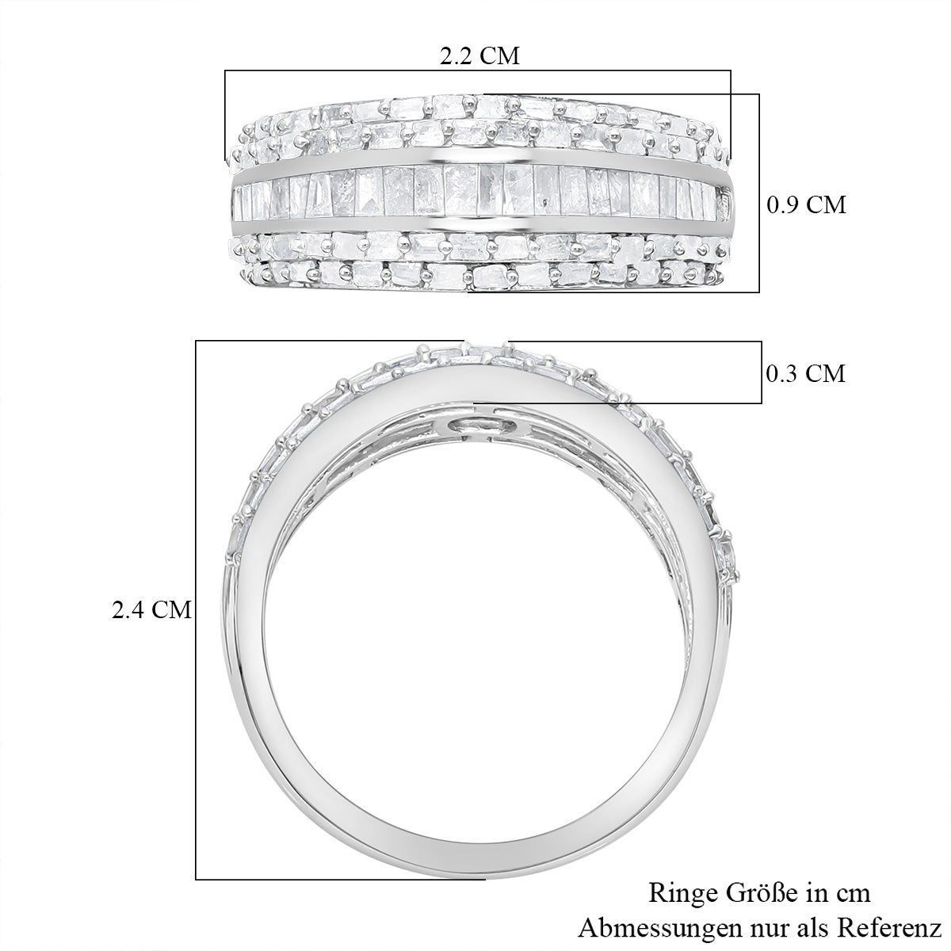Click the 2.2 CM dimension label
tap(479, 56)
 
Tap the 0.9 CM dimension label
tap(806, 204)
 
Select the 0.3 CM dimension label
tap(805, 373)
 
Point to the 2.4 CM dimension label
tap(151, 610)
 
